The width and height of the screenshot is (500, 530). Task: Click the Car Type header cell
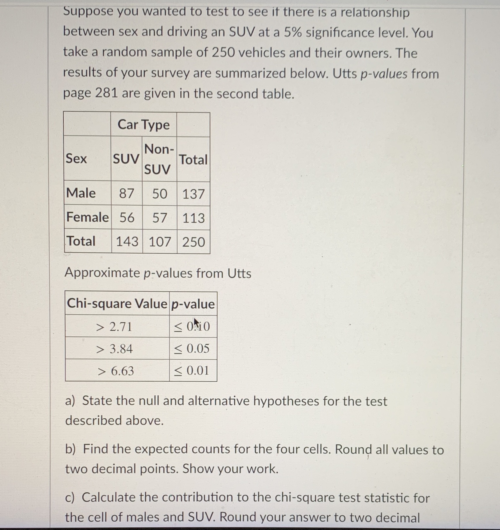pyautogui.click(x=143, y=125)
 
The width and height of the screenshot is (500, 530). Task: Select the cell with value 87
pyautogui.click(x=126, y=194)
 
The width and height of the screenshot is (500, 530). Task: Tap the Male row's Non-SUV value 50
pyautogui.click(x=160, y=194)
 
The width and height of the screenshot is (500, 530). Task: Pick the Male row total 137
pyautogui.click(x=193, y=194)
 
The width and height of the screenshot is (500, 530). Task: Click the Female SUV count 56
pyautogui.click(x=127, y=218)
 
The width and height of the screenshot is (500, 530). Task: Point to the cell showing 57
pyautogui.click(x=160, y=218)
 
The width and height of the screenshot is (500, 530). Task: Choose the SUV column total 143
pyautogui.click(x=127, y=242)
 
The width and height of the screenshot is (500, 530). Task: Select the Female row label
pyautogui.click(x=87, y=217)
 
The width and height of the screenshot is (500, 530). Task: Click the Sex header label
pyautogui.click(x=76, y=159)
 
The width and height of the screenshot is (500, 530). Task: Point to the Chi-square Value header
pyautogui.click(x=117, y=304)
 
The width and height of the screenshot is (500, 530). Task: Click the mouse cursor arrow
pyautogui.click(x=197, y=323)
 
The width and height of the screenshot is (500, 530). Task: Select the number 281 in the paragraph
pyautogui.click(x=106, y=93)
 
